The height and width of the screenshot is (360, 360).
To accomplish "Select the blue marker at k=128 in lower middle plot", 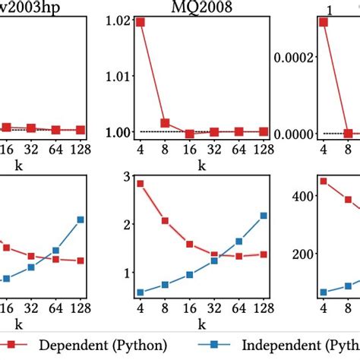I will (263, 216).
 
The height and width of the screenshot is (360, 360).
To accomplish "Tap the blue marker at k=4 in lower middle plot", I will (141, 292).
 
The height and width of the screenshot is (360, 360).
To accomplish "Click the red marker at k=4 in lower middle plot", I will (141, 184).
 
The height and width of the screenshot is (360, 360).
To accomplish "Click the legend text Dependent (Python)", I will (96, 346).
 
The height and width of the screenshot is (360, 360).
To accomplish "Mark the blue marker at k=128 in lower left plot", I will (80, 219).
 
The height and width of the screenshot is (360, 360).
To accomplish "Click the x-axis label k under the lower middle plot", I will (201, 324).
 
